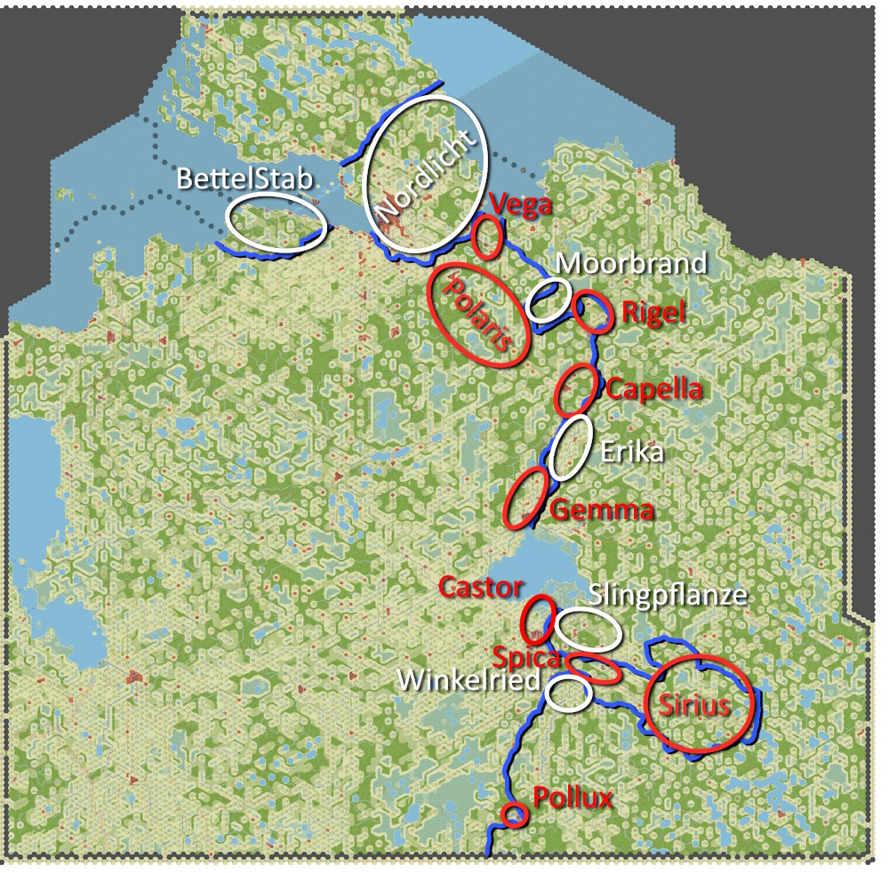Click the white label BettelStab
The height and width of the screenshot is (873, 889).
coord(245,179)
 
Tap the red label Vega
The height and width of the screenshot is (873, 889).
coord(522,204)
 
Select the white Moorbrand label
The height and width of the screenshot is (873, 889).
coord(631,263)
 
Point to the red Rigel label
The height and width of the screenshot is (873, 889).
coord(653,312)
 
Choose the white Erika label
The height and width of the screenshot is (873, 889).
coord(632,452)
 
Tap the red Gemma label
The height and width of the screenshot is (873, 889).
coord(602,510)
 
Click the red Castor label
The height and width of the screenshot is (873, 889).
coord(481,587)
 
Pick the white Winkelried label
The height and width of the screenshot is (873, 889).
coord(469,681)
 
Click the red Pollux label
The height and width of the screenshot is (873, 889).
coord(573,797)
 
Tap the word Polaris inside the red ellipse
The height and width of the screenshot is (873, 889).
coord(481,314)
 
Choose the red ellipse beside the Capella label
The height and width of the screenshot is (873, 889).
coord(576,389)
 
